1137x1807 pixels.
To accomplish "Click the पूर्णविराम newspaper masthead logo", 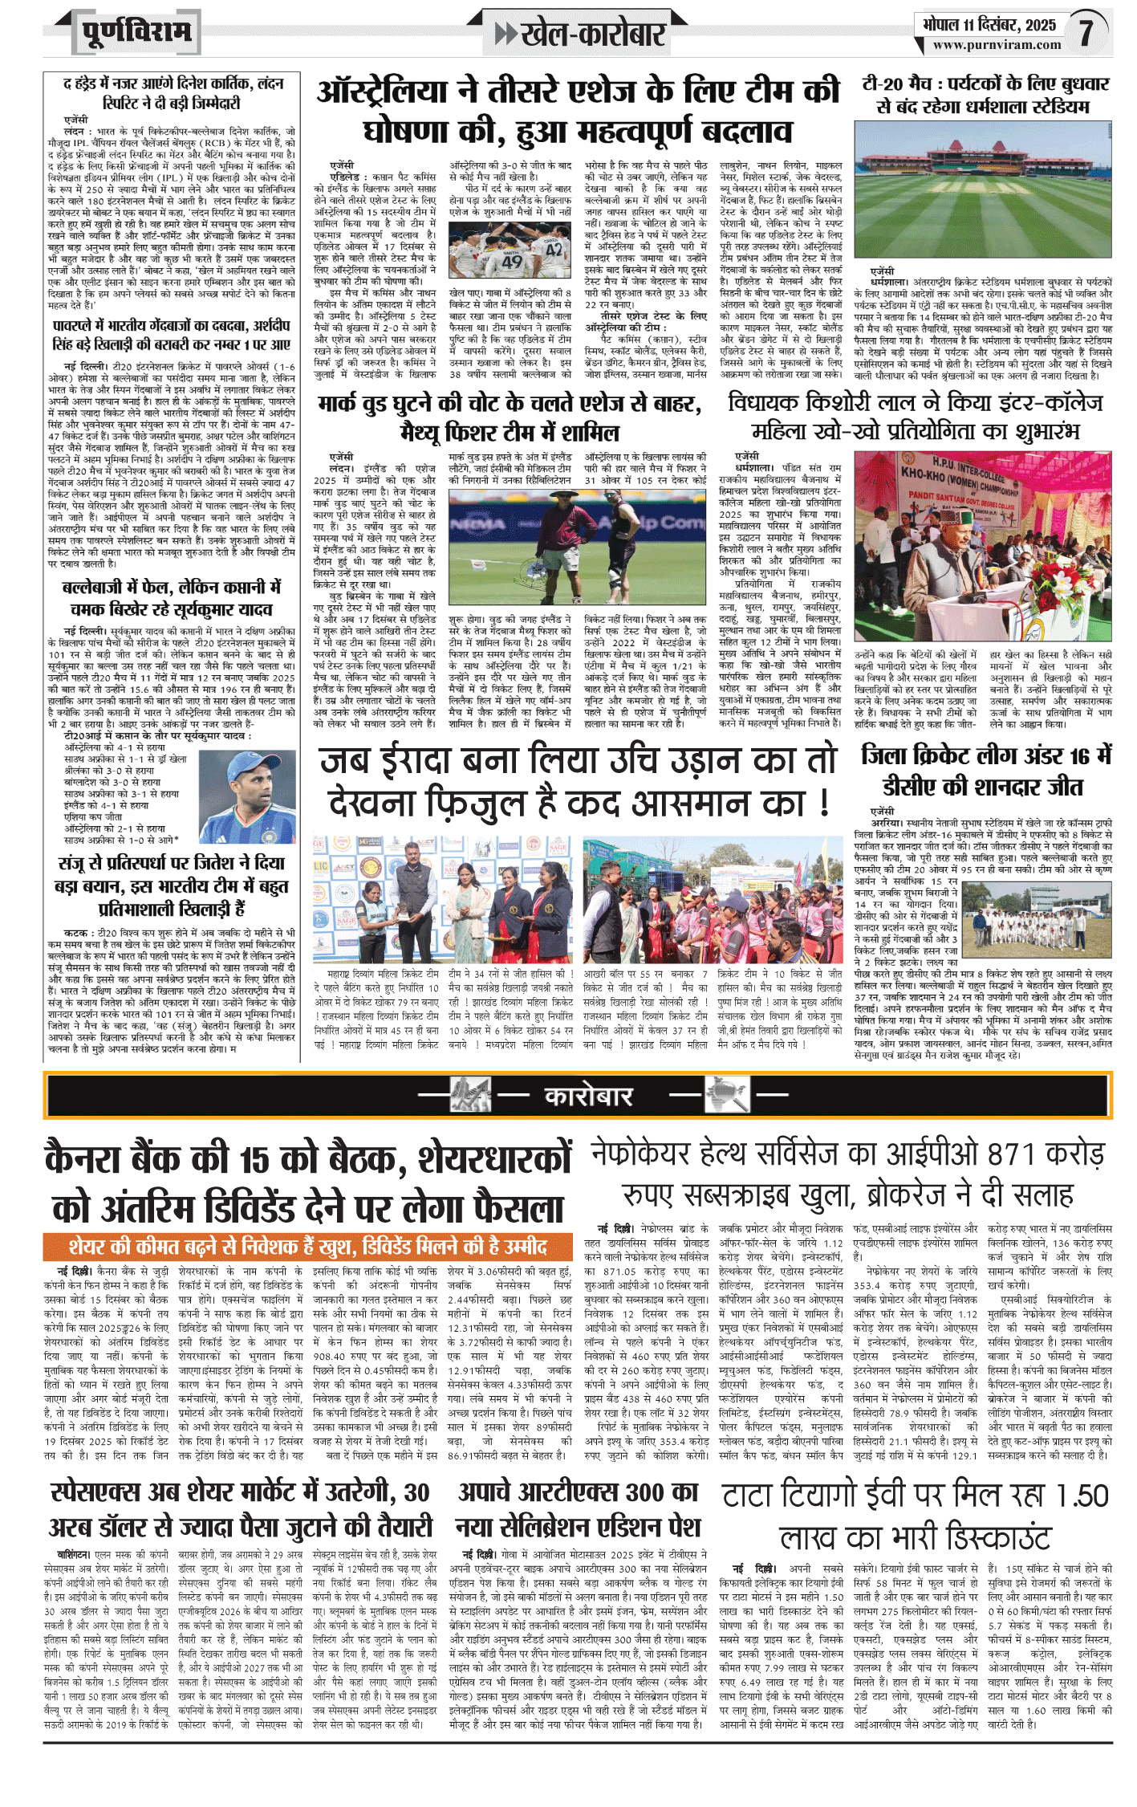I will tap(136, 33).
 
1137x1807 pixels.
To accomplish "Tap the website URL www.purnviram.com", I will tap(996, 45).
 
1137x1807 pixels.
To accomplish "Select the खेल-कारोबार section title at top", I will tap(581, 35).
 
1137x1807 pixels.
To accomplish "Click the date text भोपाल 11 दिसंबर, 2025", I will tap(989, 24).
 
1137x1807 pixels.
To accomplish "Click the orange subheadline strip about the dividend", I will tap(308, 1246).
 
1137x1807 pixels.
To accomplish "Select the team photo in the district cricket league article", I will tap(1036, 921).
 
